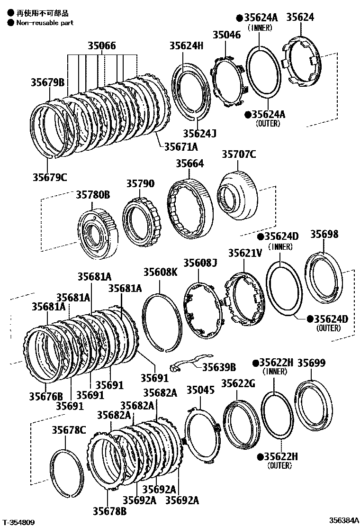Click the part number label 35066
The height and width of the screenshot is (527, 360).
101,46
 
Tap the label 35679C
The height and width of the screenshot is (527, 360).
50,177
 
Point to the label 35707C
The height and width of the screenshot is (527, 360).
239,154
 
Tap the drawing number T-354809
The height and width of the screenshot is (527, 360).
18,522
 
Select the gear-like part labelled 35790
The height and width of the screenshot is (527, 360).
141,219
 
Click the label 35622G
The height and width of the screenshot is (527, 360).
238,383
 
